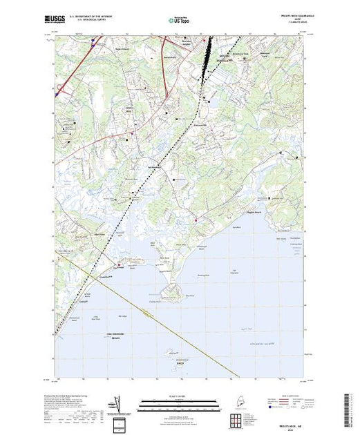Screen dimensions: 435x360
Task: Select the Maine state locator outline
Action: pos(238,402)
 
